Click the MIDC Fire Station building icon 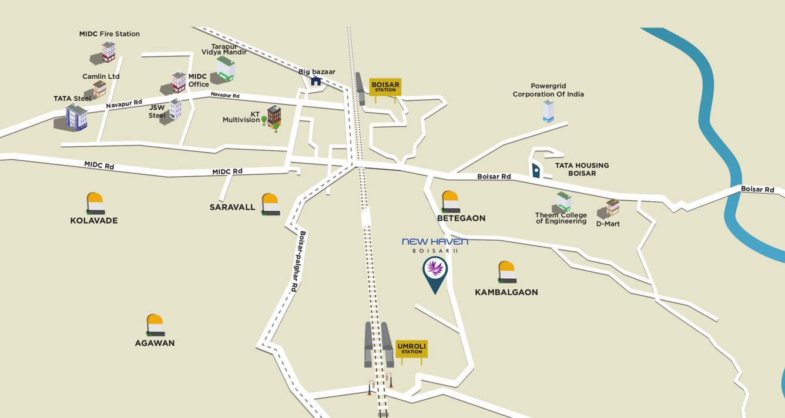click(108, 52)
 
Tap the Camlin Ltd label click(100, 76)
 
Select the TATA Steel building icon click(76, 117)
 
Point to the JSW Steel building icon click(175, 109)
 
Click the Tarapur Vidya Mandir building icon click(225, 69)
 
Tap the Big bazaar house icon click(316, 81)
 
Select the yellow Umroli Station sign click(411, 349)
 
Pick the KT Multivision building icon click(274, 116)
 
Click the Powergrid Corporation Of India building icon click(548, 111)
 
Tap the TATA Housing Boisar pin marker click(536, 170)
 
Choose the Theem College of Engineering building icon click(563, 202)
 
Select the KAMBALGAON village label click(506, 292)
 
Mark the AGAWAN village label click(155, 343)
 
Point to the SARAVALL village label click(233, 207)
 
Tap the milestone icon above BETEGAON click(450, 201)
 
